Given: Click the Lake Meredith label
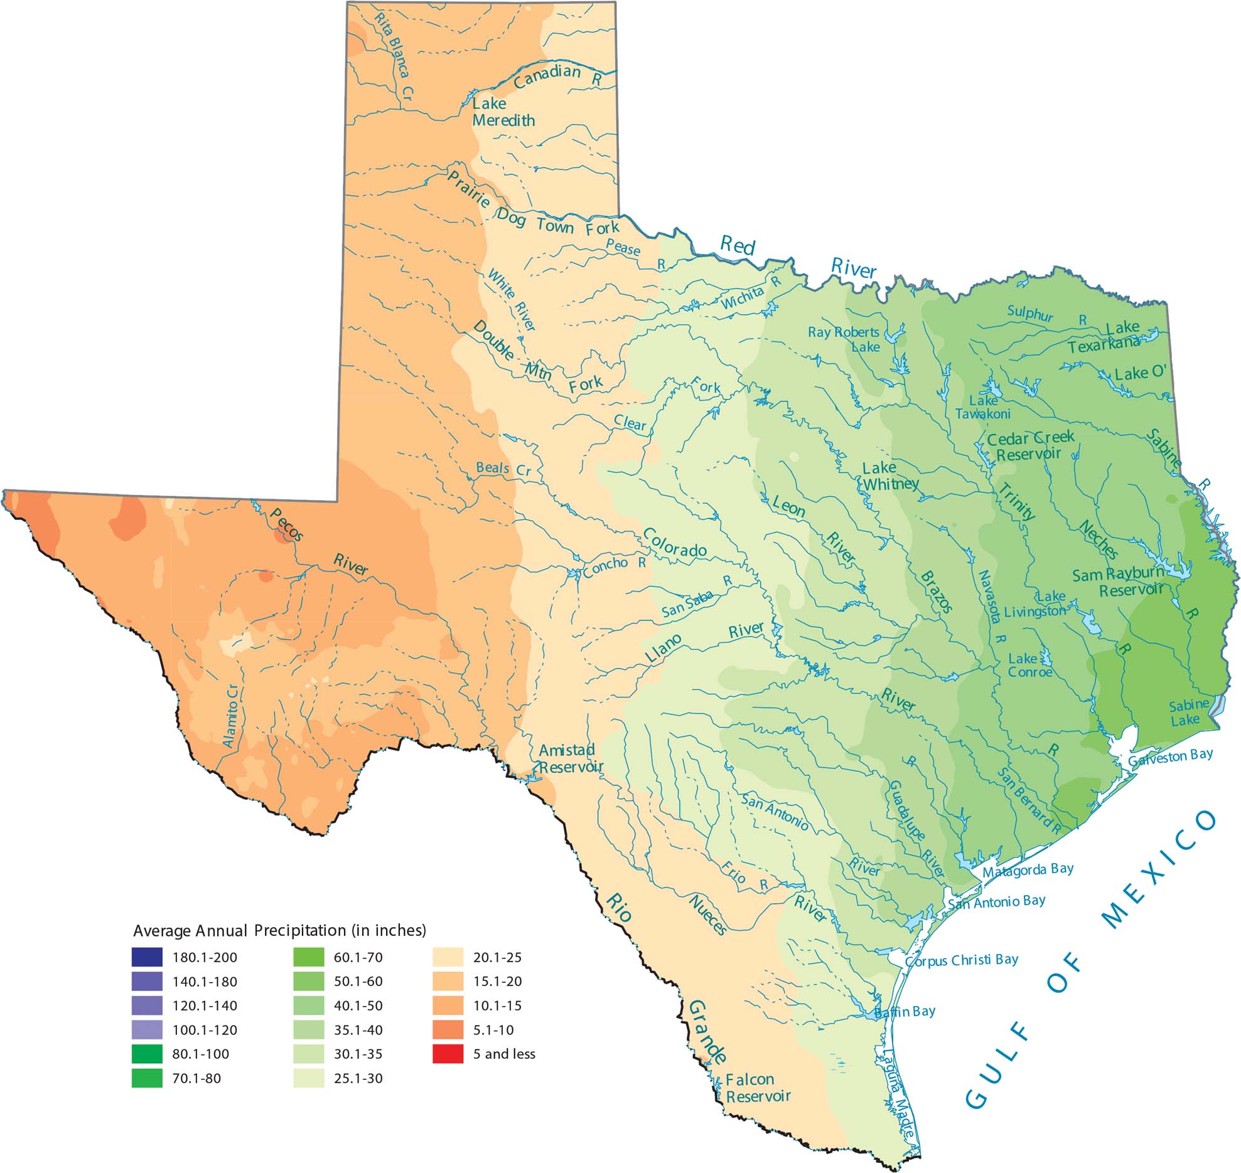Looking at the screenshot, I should pos(503,112).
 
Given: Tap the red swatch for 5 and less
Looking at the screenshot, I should pos(448,1054).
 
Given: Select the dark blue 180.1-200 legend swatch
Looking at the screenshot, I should pos(147,957).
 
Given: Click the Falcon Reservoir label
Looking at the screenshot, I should pos(758,1088).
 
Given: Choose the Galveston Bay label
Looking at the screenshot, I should pos(1170,757).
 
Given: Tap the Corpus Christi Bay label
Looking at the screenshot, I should pos(962,960).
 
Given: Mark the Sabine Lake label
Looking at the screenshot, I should pos(1188,713).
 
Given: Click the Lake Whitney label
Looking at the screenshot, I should pos(889,476).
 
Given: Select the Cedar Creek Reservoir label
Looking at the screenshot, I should pos(1030,445).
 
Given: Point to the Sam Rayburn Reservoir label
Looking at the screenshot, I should pos(1119,582).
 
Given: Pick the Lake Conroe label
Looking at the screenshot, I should pos(1029,666).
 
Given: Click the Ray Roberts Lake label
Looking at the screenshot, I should pos(844,339).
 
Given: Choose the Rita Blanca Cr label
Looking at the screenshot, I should pos(394,55).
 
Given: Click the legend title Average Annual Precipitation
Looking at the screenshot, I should pos(279,930).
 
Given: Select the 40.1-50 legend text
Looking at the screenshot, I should pos(358,1006).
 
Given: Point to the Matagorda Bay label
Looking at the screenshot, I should pos(1028,870).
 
